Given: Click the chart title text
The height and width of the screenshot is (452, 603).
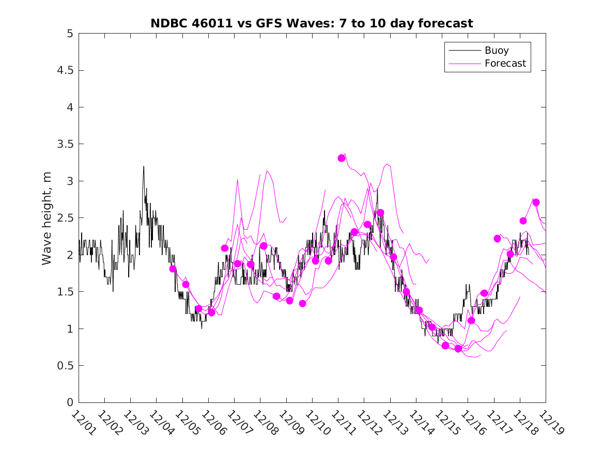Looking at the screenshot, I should tap(312, 23).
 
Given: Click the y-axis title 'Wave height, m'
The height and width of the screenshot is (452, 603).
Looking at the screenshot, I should tap(47, 218).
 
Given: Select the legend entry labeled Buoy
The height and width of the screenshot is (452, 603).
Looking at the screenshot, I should tap(496, 51).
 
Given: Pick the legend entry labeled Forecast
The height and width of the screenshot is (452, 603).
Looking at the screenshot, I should tap(505, 64).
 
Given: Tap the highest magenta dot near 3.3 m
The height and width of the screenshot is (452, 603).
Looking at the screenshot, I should tap(342, 158).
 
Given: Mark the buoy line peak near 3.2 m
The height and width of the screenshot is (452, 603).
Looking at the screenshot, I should tap(144, 166).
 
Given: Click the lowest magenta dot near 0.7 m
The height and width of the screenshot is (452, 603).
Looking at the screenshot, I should tap(458, 349).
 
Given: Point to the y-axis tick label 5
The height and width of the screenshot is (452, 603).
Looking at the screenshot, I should tap(69, 34).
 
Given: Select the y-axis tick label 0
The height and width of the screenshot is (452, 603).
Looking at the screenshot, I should tap(69, 402).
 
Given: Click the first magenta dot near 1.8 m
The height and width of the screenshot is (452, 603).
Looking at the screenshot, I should tap(173, 269).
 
